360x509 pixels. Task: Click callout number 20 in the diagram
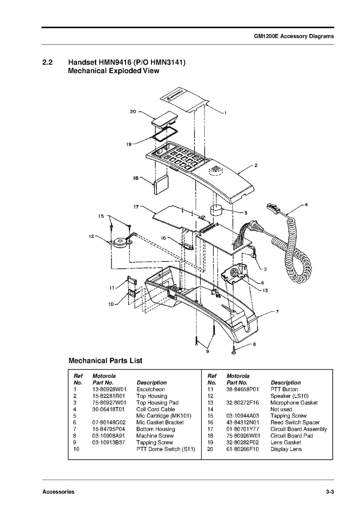(x=133, y=112)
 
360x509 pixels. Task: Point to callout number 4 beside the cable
(x=306, y=205)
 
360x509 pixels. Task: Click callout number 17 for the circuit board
(x=137, y=207)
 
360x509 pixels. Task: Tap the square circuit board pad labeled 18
(x=161, y=185)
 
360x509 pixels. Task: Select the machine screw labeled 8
(x=234, y=352)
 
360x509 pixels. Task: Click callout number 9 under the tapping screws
(x=208, y=351)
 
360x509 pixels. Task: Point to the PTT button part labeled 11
(x=131, y=282)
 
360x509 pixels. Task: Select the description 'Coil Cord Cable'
(x=155, y=409)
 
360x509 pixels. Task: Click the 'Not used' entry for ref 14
(x=281, y=409)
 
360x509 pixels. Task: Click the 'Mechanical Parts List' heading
(x=106, y=361)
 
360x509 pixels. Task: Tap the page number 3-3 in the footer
(x=329, y=492)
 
